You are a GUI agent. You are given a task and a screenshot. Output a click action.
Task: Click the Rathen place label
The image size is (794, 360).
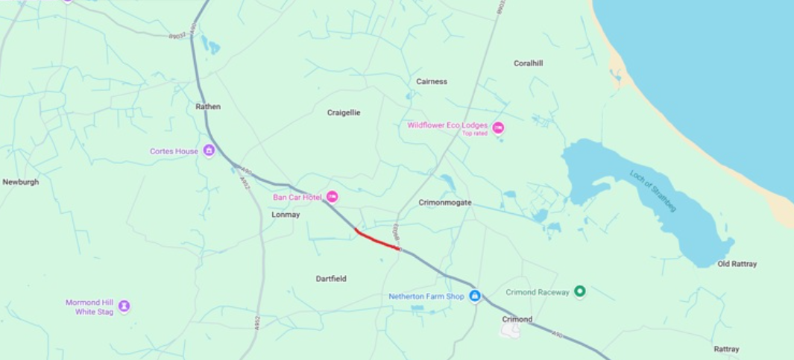(x=208, y=107)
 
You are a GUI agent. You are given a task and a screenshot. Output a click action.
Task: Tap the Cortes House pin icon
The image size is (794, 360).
(x=209, y=151)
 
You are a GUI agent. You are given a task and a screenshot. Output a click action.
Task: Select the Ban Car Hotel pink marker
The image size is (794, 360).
(x=333, y=197)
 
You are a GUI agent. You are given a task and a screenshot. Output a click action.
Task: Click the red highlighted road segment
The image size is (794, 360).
(x=378, y=240)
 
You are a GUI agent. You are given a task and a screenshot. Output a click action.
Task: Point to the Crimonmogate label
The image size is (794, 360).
(x=445, y=202)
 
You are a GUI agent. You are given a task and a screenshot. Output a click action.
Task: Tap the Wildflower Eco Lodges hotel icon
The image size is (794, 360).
(x=498, y=127)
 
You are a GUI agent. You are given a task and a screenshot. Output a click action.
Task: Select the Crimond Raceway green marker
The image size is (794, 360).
(x=580, y=291)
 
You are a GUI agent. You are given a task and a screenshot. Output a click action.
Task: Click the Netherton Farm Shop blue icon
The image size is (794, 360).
(x=474, y=296)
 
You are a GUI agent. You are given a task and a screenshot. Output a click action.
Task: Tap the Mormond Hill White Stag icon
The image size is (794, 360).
(x=124, y=306)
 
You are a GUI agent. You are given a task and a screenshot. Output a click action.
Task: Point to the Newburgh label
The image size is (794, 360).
(x=20, y=182)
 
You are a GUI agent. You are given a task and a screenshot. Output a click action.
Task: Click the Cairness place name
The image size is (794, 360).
(x=432, y=81)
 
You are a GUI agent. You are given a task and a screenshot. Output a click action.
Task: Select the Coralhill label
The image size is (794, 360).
(x=528, y=63)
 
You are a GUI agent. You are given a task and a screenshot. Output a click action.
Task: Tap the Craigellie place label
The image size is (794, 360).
(x=344, y=113)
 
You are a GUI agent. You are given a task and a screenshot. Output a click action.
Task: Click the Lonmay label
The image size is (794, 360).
(x=286, y=215)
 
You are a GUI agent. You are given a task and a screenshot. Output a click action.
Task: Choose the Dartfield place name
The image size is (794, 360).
(x=331, y=279)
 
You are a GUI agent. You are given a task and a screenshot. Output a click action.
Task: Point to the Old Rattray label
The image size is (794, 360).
(x=737, y=264)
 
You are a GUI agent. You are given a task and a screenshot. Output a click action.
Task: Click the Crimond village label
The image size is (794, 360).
(x=517, y=319)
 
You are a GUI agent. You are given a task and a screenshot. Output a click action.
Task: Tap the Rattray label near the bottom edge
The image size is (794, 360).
(x=726, y=349)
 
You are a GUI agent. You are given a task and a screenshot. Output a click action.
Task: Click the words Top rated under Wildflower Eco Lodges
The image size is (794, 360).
(x=475, y=133)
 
